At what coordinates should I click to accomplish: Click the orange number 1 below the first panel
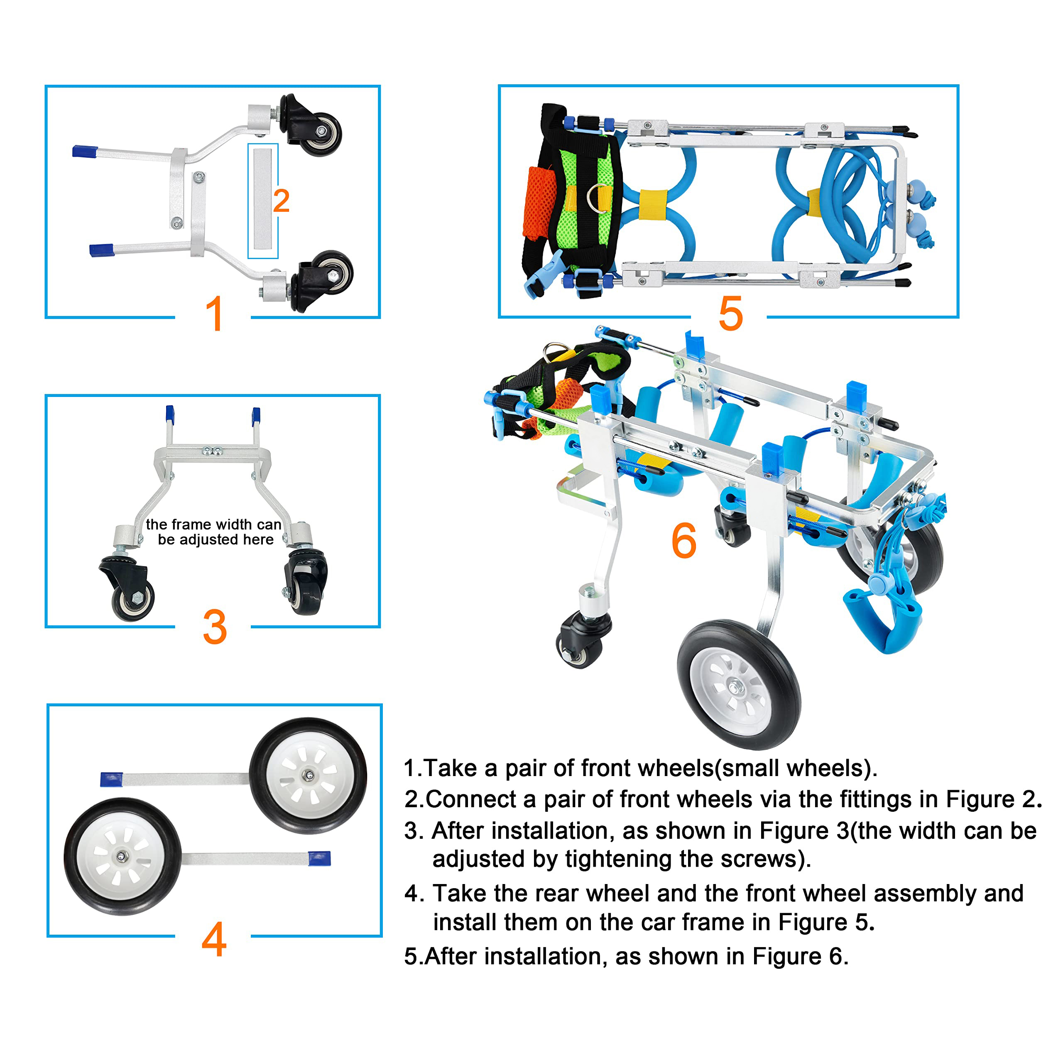[x=214, y=314]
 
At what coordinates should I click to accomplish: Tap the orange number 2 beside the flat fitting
[x=281, y=201]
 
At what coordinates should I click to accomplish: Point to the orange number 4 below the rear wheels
[x=214, y=939]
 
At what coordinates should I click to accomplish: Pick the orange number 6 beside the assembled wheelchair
[x=684, y=541]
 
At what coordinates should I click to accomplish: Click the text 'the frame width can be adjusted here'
[x=214, y=532]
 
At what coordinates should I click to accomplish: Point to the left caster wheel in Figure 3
[x=132, y=597]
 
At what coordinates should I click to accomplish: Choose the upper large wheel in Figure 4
[x=308, y=775]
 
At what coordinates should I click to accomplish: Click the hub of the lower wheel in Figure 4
[x=122, y=857]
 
